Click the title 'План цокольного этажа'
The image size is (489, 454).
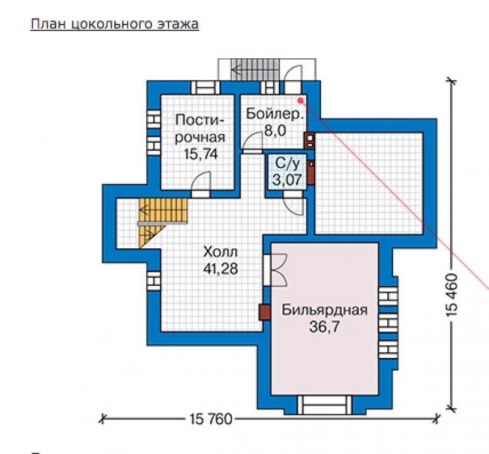click(114, 24)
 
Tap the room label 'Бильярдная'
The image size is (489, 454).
click(324, 310)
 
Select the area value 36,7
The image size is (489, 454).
click(324, 327)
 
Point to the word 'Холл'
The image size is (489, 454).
click(220, 251)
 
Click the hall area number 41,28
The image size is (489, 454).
click(220, 269)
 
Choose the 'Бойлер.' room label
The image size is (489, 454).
click(274, 114)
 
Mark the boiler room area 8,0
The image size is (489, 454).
click(275, 130)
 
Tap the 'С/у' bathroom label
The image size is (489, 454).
click(287, 163)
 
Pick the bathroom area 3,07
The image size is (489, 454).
click(287, 179)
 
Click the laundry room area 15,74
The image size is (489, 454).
click(200, 154)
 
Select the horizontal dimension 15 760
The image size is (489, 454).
click(211, 419)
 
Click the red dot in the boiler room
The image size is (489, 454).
click(300, 101)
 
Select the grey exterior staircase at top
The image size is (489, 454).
click(256, 69)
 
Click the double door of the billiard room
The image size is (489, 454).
click(276, 270)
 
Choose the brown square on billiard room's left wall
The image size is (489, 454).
click(265, 312)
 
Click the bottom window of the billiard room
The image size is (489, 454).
click(324, 405)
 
